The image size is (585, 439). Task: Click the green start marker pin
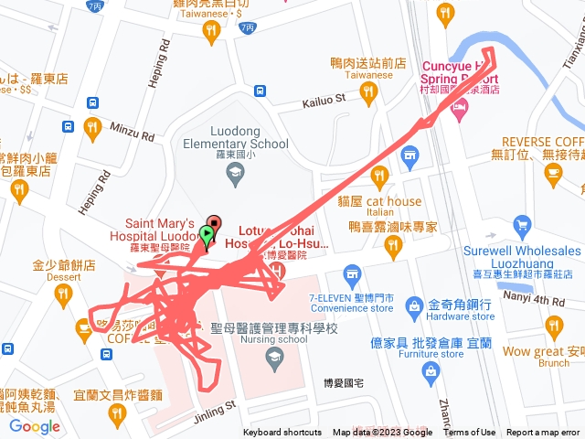coord(207,237)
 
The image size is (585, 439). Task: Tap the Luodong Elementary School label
coord(236,137)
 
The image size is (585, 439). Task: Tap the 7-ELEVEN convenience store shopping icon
coord(351,273)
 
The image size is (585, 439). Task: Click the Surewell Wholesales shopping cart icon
coord(522,225)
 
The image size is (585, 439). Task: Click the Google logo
coord(35,425)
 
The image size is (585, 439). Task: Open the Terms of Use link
coord(470,433)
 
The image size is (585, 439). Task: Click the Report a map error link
coord(543,433)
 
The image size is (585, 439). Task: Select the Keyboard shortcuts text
coord(282,433)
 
